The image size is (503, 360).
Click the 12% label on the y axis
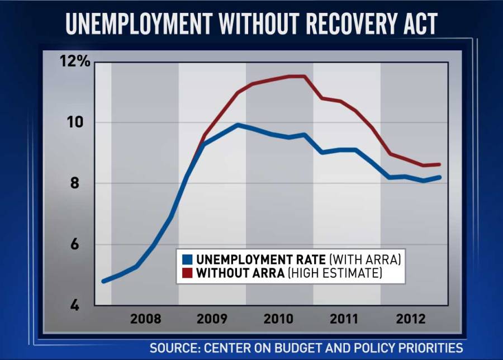pos(75,61)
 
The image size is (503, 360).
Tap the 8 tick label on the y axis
pos(83,184)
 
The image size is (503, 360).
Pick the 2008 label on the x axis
pos(145,319)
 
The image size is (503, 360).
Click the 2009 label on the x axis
pos(212,319)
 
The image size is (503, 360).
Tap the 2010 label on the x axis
pos(279,319)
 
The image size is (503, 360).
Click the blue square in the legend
pos(188,260)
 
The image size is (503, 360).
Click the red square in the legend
pos(188,273)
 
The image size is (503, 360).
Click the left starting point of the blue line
pos(102,281)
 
